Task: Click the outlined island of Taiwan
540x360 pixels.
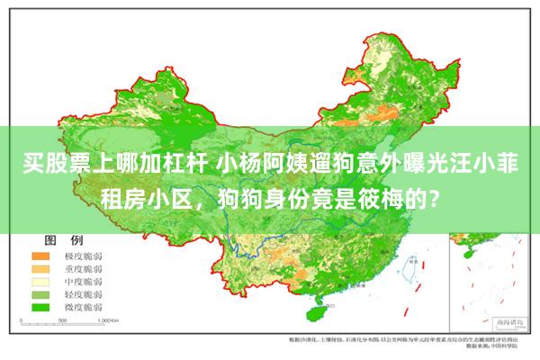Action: point(413,270)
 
